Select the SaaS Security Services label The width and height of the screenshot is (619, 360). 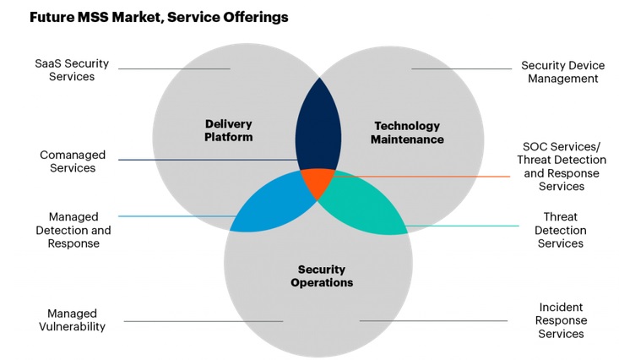tap(65, 70)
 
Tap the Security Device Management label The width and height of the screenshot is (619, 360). tap(559, 72)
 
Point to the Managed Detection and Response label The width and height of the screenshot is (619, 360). tap(73, 230)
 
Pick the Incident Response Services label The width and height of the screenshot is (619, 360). tap(561, 320)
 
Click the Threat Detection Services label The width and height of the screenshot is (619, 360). tap(560, 230)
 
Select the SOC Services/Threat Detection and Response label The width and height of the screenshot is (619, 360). tap(561, 166)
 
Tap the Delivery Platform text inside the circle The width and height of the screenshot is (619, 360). tap(228, 131)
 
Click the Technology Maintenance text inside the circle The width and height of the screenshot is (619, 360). tap(408, 132)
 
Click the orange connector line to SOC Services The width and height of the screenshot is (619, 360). tap(422, 177)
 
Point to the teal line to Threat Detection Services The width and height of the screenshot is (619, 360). tap(464, 226)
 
